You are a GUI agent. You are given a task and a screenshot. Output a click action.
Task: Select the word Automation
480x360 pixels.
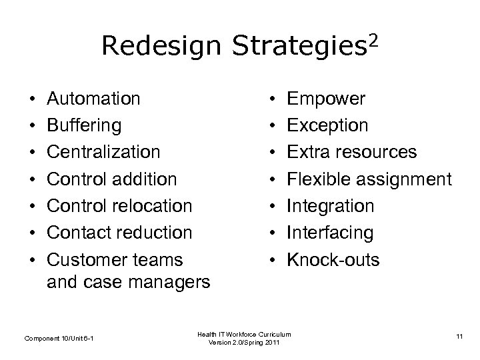[x=94, y=99]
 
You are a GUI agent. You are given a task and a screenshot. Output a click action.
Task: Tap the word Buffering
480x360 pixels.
[x=84, y=125]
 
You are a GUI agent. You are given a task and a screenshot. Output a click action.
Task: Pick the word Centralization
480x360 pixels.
[x=103, y=152]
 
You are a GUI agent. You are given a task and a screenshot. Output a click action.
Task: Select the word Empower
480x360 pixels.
[x=326, y=99]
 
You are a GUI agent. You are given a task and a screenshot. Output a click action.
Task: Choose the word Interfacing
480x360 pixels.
[x=330, y=232]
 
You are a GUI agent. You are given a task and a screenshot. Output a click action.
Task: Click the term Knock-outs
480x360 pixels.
[x=333, y=259]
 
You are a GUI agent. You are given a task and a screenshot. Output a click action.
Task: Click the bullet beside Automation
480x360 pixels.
[x=33, y=99]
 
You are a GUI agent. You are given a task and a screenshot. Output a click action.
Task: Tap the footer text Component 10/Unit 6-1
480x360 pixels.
[x=59, y=339]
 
